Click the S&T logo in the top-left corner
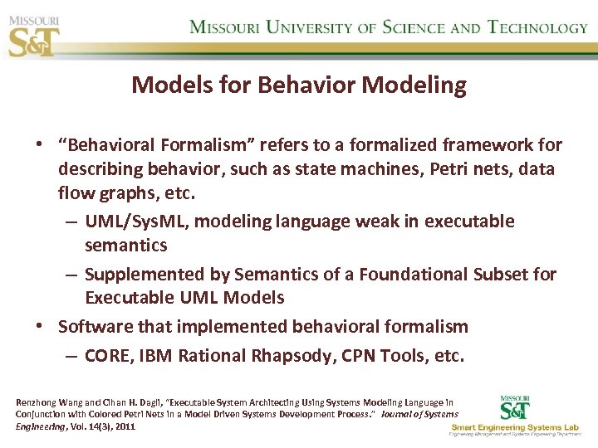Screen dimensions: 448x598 point(33,36)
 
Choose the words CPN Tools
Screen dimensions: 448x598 point(395,355)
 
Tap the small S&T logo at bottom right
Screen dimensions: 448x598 point(516,407)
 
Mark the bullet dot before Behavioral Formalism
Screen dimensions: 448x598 point(39,146)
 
